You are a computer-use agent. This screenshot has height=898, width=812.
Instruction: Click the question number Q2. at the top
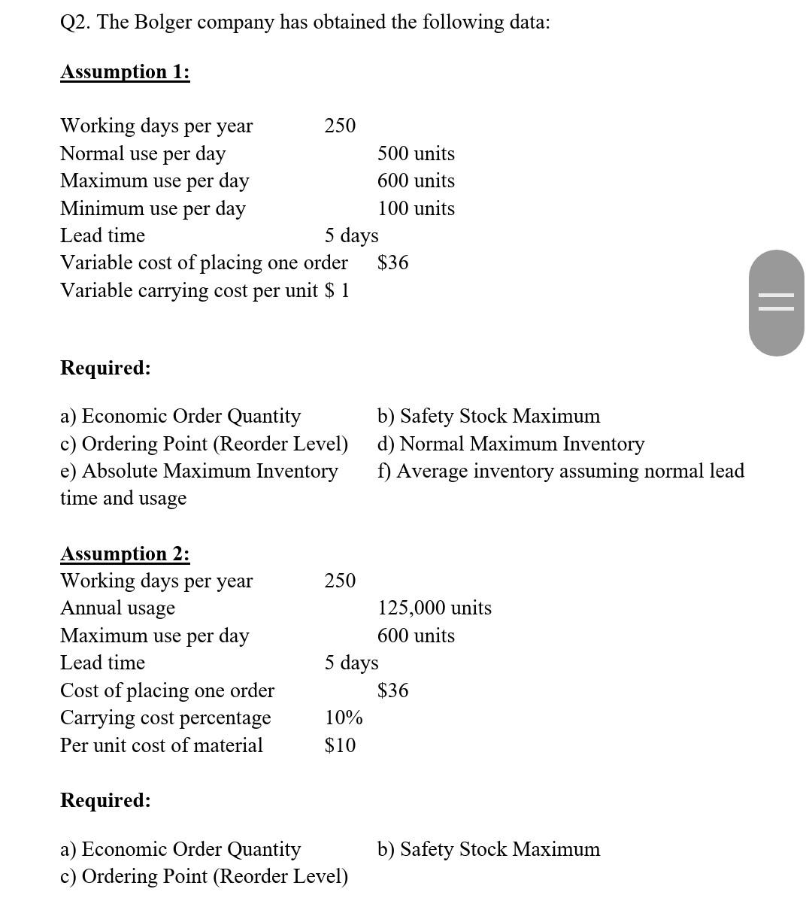tap(75, 23)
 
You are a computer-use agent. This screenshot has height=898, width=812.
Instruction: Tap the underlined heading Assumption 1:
tap(125, 72)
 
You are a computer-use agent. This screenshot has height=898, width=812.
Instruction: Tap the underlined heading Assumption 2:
tap(125, 554)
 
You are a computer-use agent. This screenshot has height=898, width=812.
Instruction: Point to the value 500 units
tap(416, 153)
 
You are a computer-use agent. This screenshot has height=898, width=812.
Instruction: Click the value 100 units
tap(416, 208)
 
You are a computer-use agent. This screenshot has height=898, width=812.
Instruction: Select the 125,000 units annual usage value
tap(435, 608)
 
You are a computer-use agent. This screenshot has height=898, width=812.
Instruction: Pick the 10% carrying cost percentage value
tap(344, 717)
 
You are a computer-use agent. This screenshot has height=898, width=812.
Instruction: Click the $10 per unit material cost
tap(340, 745)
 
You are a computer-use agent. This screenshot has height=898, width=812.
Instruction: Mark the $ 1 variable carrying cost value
tap(337, 290)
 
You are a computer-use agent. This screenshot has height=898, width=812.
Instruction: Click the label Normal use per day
tap(143, 153)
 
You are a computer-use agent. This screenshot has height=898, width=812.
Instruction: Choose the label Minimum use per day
tap(153, 208)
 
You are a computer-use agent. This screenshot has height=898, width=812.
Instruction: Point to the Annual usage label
tap(117, 608)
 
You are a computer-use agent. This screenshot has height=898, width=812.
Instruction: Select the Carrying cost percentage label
tap(165, 717)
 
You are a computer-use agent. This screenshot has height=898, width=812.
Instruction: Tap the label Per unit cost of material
tap(162, 745)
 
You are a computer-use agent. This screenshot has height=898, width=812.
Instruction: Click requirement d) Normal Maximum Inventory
tap(511, 444)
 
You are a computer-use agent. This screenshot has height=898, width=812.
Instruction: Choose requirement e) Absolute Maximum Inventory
tap(199, 471)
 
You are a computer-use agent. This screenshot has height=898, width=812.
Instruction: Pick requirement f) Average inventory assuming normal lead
tap(560, 471)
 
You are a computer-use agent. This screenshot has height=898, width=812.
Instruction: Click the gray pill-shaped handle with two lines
tap(776, 303)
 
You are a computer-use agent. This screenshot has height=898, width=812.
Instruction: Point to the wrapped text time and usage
tap(123, 498)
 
